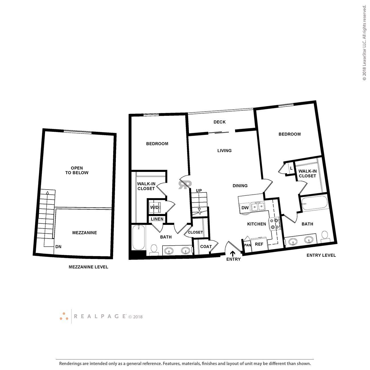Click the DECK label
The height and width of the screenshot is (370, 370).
click(x=219, y=122)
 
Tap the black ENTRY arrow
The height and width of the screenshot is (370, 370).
click(x=233, y=253)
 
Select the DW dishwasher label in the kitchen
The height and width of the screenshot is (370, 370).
click(x=245, y=208)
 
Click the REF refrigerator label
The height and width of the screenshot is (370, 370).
click(x=259, y=244)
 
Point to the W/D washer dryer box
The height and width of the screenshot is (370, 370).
click(x=155, y=207)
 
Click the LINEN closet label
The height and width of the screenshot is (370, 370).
click(x=157, y=219)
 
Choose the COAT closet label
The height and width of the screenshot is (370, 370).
click(x=206, y=246)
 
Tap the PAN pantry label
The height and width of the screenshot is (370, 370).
click(x=247, y=245)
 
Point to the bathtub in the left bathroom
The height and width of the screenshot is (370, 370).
click(x=139, y=238)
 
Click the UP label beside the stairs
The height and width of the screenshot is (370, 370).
click(x=199, y=190)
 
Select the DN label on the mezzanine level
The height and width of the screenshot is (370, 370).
click(x=58, y=247)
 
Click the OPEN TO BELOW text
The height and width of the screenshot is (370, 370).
click(x=77, y=170)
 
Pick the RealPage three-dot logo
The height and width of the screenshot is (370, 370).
click(x=64, y=316)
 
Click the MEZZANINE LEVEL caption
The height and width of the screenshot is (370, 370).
click(x=89, y=267)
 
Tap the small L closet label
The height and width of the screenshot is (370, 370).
click(x=291, y=168)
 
